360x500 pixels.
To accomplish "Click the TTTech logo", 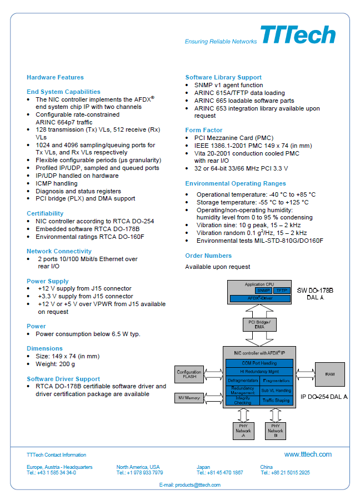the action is pos(298,34).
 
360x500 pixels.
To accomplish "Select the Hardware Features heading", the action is pos(55,77).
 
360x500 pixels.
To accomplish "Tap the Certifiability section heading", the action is pos(45,213).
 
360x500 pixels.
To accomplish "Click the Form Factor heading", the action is pos(204,130).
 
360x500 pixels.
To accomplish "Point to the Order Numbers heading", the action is pos(208,256).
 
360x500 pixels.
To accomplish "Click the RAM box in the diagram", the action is pos(329,374).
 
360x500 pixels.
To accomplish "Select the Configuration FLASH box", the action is pos(189,374).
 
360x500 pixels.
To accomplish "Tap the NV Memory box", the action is pos(189,398).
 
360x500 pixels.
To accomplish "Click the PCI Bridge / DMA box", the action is pos(259,324).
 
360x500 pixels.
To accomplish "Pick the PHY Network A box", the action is pos(243,431).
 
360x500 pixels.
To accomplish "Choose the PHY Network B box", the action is pos(276,431).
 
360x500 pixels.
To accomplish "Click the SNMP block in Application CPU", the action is pos(263,291).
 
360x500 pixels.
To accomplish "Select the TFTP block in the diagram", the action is pos(282,291).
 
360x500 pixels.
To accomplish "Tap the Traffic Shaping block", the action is pos(276,400).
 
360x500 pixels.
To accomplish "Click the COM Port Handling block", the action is pos(259,363).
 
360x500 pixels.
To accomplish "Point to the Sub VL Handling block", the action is pos(276,391).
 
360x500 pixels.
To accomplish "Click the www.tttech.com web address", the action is pos(308,454).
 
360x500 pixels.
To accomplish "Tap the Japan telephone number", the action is pos(219,473).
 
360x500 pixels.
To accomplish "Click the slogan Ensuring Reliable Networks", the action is pos(221,42).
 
